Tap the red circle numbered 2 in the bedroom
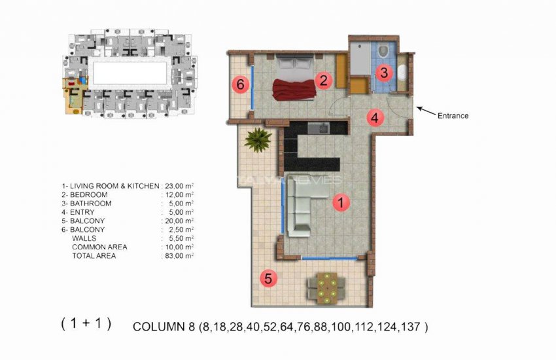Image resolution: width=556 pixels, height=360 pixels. (322, 81)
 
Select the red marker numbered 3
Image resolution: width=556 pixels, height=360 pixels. (385, 73)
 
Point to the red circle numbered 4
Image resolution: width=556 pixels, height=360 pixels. (374, 118)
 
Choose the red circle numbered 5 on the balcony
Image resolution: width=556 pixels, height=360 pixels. (267, 278)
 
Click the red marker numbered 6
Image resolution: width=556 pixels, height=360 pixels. (240, 84)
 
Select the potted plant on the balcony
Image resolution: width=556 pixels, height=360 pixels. (259, 139)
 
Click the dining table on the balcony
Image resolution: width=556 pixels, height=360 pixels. (325, 286)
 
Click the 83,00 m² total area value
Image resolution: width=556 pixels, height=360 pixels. (178, 256)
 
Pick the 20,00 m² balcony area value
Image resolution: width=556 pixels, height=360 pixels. (178, 221)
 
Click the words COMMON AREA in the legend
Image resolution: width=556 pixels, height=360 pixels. (99, 247)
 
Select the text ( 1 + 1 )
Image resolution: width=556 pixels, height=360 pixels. (86, 323)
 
